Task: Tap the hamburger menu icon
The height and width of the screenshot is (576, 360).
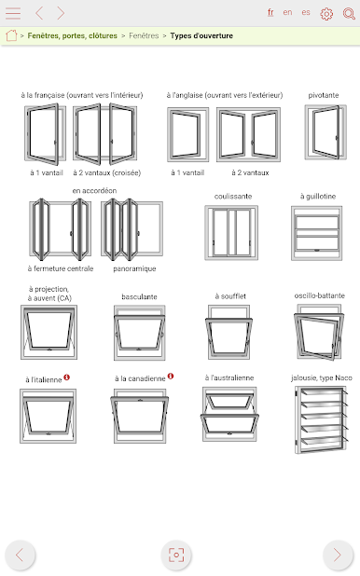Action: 13,13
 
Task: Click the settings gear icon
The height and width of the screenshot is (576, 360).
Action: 326,14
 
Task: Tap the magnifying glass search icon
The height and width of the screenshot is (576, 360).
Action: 349,14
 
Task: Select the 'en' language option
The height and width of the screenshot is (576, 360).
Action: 287,12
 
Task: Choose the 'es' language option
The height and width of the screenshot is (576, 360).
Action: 306,12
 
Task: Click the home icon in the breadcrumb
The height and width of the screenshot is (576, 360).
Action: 11,35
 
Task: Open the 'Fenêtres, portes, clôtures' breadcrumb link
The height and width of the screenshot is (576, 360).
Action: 73,35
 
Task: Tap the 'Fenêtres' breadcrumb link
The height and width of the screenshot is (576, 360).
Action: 144,35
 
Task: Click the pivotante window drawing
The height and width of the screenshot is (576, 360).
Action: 325,132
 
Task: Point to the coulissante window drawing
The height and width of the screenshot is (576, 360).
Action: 231,232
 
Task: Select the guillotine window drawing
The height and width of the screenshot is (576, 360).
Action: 316,233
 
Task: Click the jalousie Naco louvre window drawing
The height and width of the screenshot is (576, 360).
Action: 321,420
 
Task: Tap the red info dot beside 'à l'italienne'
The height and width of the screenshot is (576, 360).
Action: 66,377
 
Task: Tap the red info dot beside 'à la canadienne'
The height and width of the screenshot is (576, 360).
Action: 171,377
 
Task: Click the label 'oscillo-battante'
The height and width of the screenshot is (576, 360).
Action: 320,295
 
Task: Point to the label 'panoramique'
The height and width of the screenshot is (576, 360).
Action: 134,269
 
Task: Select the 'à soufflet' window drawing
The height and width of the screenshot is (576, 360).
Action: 228,332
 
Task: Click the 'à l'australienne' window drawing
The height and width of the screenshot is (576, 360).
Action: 229,414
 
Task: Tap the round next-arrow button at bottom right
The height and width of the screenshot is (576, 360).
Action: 338,555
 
